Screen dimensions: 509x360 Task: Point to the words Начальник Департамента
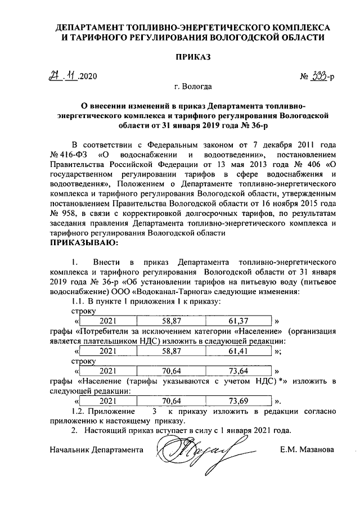pos(96,450)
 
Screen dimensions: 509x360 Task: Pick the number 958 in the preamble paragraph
pos(68,214)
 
